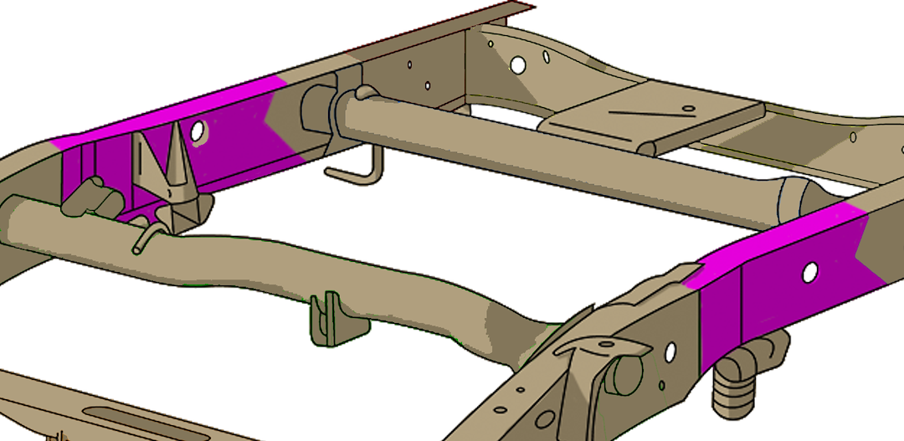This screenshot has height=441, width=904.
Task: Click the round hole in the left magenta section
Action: pos(198,130)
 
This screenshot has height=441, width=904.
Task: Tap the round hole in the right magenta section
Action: pos(809,272)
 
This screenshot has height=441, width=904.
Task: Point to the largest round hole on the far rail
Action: pos(518,64)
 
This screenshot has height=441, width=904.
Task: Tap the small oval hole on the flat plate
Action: pos(687,108)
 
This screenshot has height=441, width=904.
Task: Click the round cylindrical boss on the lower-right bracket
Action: pos(624,372)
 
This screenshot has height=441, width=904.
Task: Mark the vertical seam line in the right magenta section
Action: pos(742,301)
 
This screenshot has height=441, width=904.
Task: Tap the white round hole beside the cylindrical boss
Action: pos(670,352)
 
